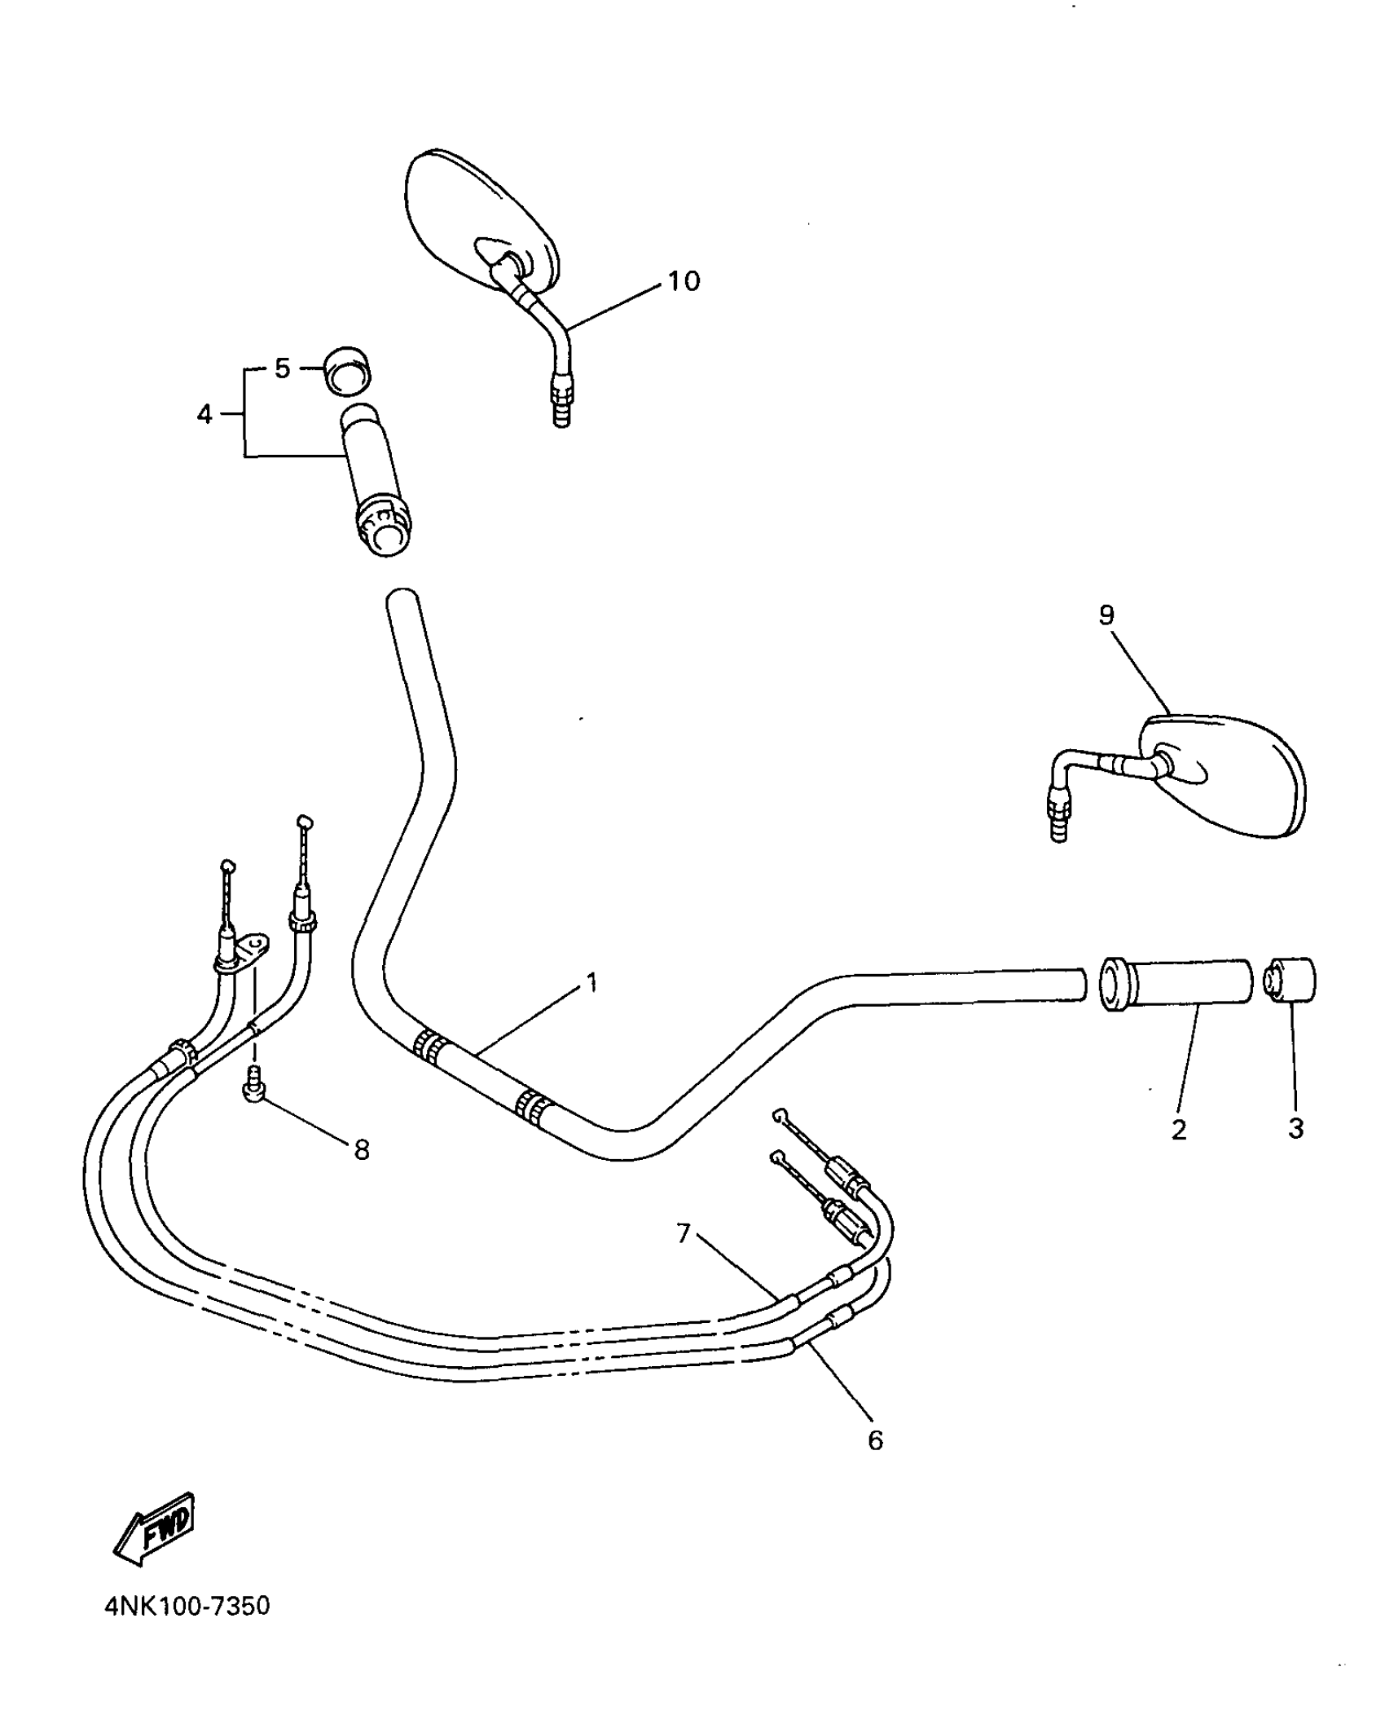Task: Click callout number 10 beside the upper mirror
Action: [x=684, y=281]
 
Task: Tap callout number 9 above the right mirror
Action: [x=1106, y=615]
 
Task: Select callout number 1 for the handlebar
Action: [x=592, y=983]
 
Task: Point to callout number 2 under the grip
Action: [x=1178, y=1130]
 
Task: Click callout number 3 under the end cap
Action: [x=1295, y=1129]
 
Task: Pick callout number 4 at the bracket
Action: [x=204, y=414]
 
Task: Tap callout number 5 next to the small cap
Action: [x=282, y=368]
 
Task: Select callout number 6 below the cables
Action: [x=875, y=1440]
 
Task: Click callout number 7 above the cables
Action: [x=683, y=1233]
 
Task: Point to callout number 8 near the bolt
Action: [x=362, y=1149]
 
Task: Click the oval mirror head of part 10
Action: [x=481, y=216]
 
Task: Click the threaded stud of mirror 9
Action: [x=1058, y=819]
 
